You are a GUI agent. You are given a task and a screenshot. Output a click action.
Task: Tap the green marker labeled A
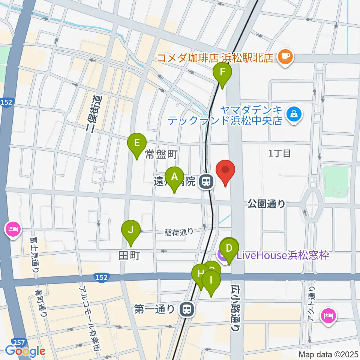(x=174, y=177)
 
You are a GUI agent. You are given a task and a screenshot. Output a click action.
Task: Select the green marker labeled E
(x=137, y=144)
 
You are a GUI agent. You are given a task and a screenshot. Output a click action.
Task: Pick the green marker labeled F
(x=222, y=72)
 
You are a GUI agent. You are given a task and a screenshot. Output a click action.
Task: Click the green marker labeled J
(x=130, y=230)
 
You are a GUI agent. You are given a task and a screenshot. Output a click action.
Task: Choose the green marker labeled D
(x=229, y=249)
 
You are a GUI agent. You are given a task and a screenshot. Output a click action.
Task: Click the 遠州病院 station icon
(x=206, y=182)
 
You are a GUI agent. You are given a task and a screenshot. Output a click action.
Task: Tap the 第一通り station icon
(x=186, y=309)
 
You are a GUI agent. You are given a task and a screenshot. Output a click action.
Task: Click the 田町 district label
(x=129, y=256)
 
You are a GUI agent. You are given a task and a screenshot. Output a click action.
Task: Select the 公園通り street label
(x=266, y=204)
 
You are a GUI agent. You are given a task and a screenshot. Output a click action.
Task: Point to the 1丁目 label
(x=280, y=153)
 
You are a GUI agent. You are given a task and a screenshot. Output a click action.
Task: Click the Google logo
(x=25, y=351)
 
